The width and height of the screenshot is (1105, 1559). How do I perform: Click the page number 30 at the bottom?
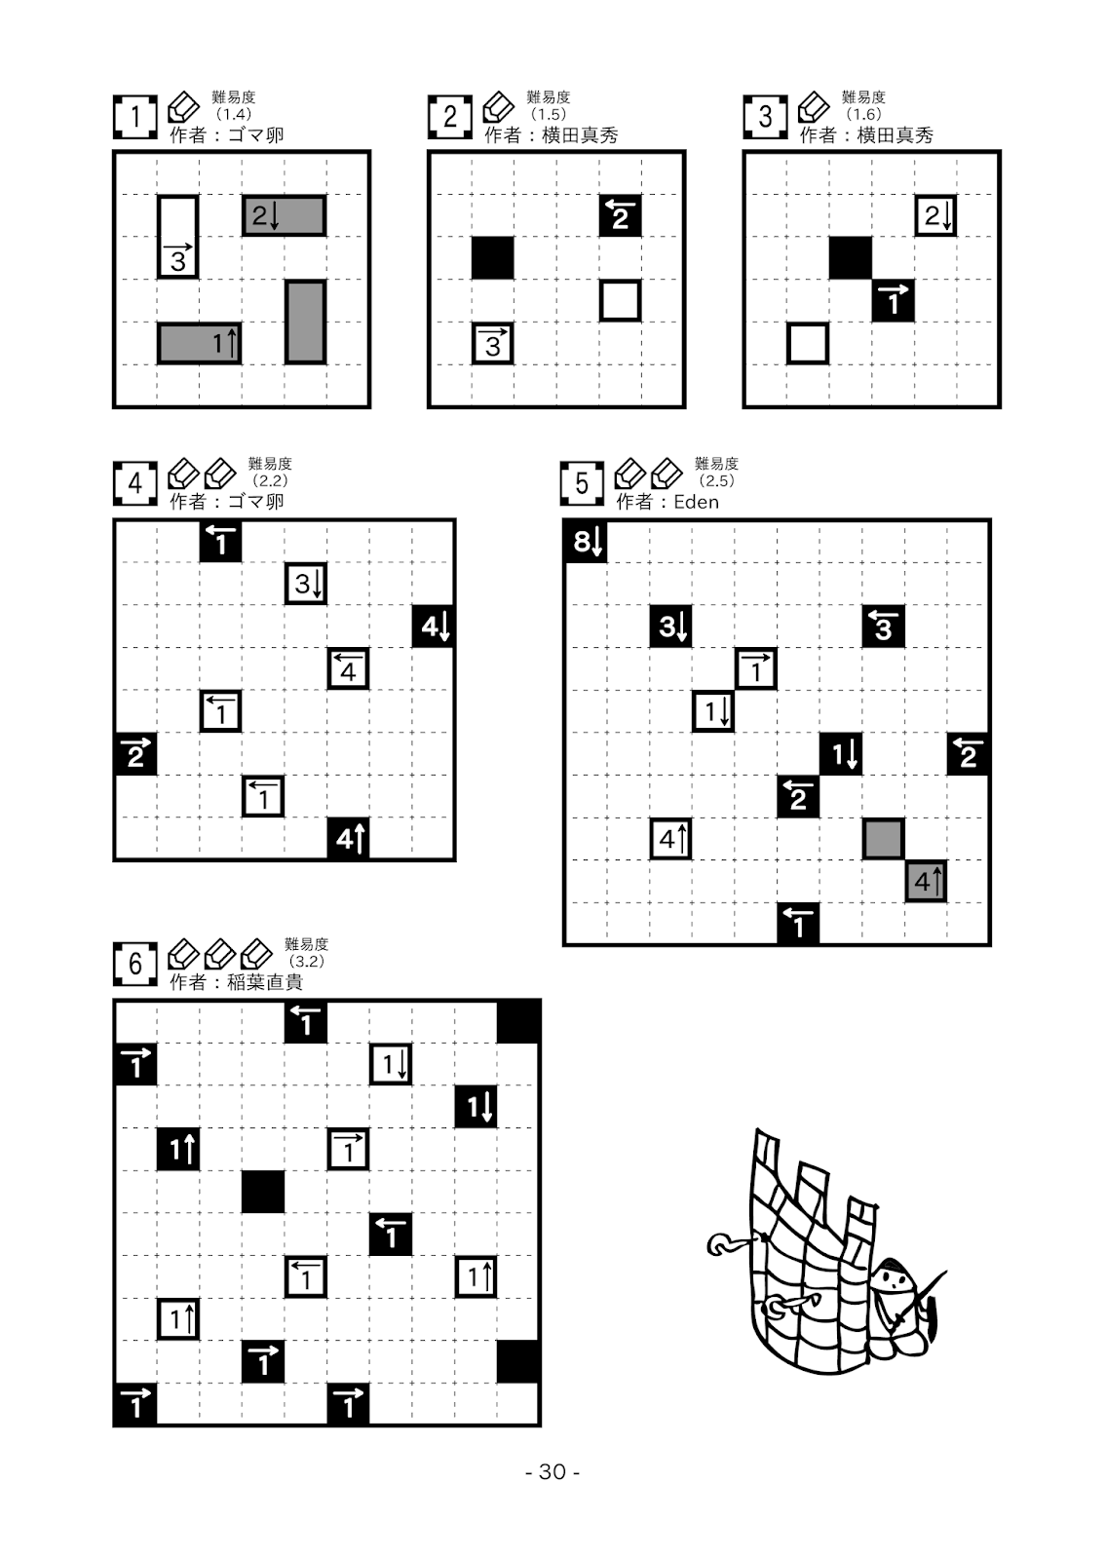click(x=552, y=1471)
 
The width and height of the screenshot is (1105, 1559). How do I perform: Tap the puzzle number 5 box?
click(x=582, y=484)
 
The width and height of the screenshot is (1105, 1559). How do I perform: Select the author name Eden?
click(x=696, y=502)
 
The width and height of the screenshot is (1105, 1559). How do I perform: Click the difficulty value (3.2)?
click(x=306, y=961)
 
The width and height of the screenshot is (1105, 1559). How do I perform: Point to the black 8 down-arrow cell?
click(x=586, y=541)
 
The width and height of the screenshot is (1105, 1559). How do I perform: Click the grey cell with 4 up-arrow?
click(x=926, y=882)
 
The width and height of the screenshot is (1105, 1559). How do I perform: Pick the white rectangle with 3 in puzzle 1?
click(x=178, y=237)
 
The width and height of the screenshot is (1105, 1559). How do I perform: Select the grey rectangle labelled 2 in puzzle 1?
click(x=284, y=215)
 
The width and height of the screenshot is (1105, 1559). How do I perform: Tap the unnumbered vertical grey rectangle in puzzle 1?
click(x=305, y=322)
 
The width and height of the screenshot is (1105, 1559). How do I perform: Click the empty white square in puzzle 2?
click(x=620, y=301)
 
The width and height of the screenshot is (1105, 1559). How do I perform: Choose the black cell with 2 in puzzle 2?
click(x=620, y=215)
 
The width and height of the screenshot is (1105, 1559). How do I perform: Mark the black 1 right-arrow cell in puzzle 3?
click(x=893, y=301)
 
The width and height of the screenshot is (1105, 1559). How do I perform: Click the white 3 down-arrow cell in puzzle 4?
click(x=306, y=584)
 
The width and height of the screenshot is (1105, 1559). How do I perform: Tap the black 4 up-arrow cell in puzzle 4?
click(x=349, y=838)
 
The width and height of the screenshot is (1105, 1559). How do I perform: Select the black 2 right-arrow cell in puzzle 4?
click(x=135, y=754)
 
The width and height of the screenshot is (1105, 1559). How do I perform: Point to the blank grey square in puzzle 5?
click(x=883, y=839)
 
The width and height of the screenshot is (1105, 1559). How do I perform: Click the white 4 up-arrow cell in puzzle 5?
click(x=671, y=839)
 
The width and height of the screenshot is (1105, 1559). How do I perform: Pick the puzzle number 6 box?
click(x=135, y=965)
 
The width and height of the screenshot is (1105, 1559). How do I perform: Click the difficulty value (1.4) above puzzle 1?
click(x=234, y=114)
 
